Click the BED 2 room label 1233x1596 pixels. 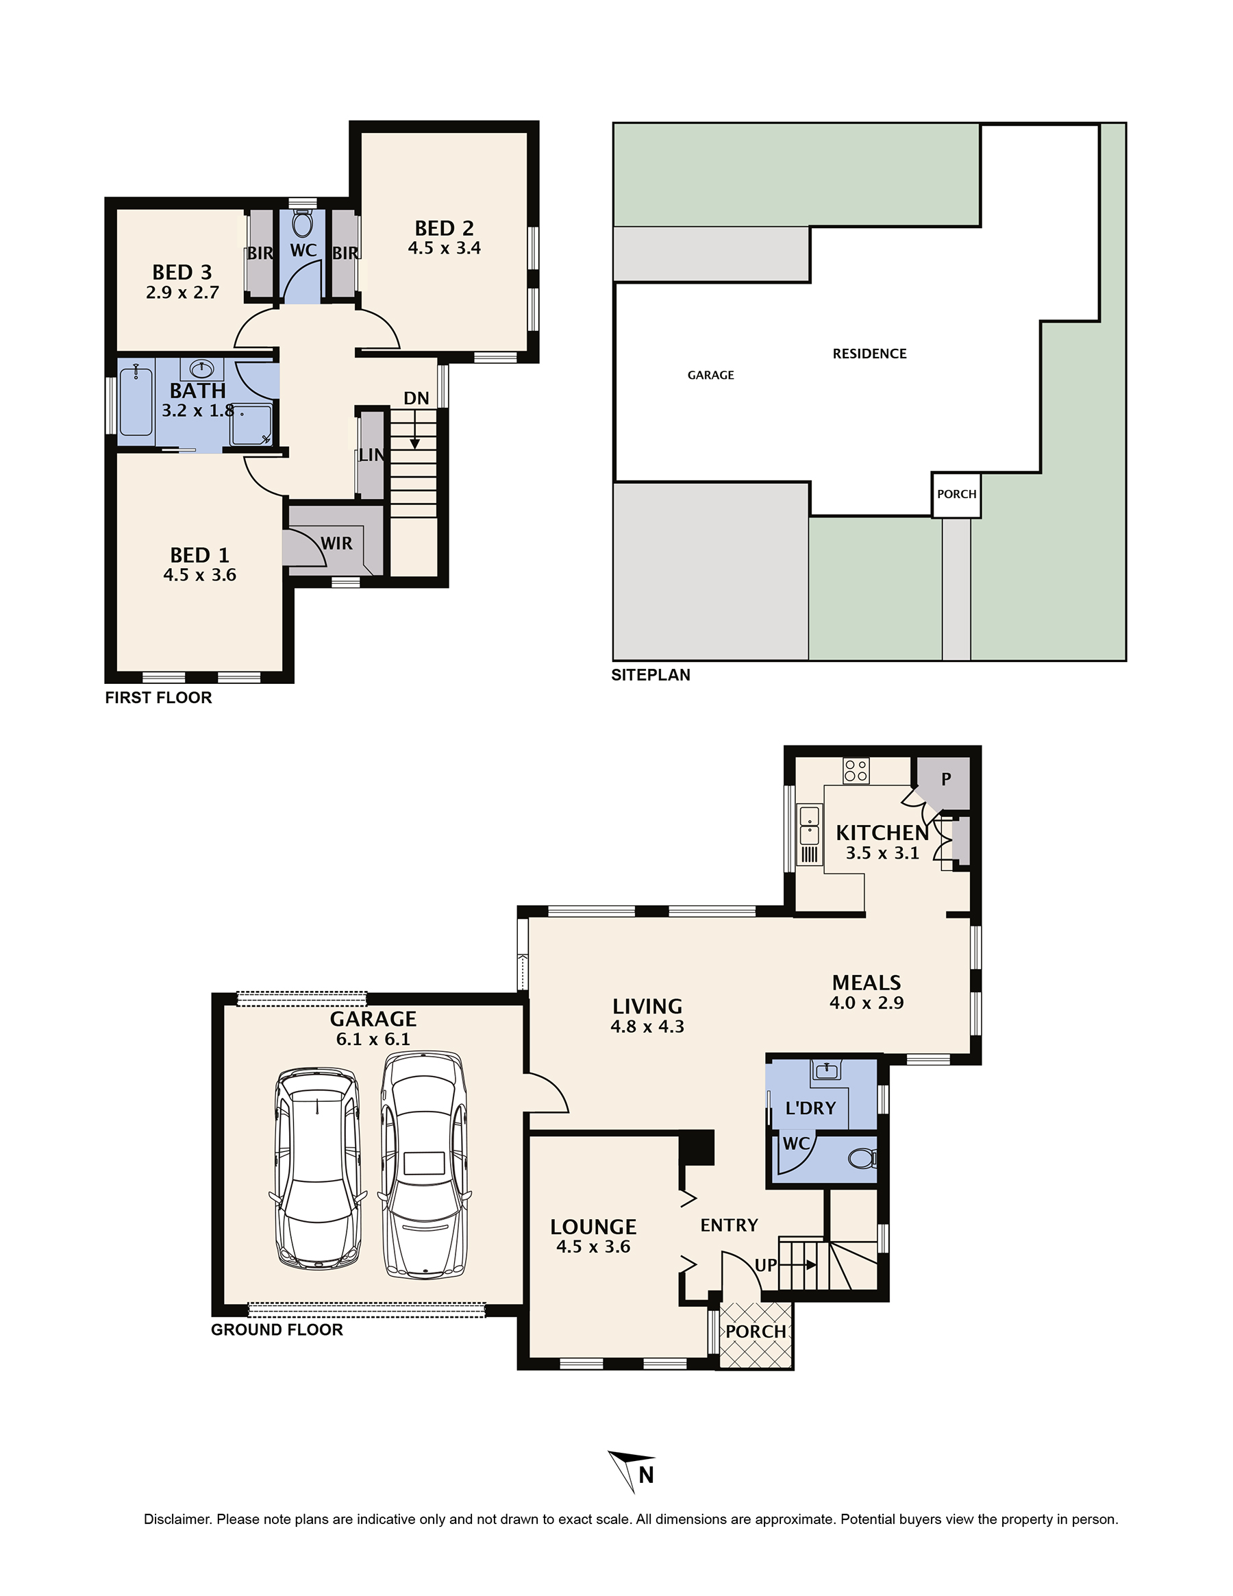[444, 228]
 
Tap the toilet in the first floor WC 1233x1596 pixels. [302, 221]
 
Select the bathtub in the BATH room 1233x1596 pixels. [136, 403]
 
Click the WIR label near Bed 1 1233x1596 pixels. [336, 543]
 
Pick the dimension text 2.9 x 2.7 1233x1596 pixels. [182, 293]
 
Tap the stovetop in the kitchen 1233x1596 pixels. [856, 771]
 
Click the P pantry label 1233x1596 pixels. [946, 779]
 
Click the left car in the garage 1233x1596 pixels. [317, 1170]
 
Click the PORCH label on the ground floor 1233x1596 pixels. [756, 1331]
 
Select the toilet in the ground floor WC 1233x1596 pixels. [862, 1158]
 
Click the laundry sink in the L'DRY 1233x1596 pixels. [826, 1071]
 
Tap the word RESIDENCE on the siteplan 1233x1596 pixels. [869, 354]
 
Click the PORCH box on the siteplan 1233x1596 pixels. [956, 495]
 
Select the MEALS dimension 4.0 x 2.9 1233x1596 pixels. [867, 1003]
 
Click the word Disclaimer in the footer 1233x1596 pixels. [177, 1519]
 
